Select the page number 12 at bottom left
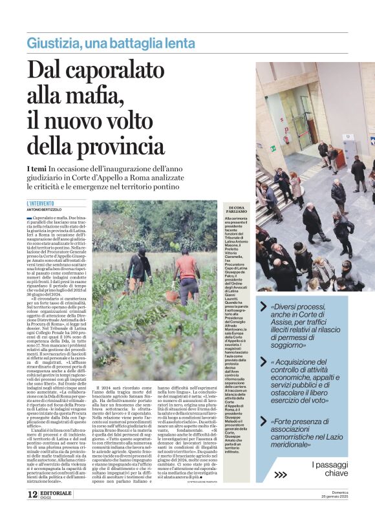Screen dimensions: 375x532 [32, 513]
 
